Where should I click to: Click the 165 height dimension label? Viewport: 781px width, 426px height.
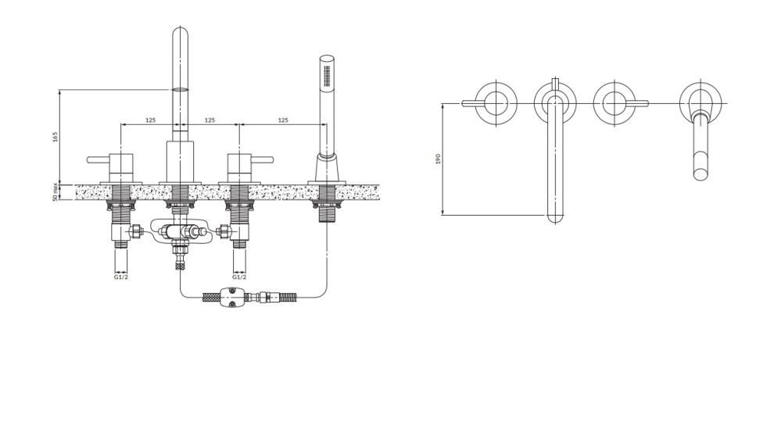click(x=56, y=137)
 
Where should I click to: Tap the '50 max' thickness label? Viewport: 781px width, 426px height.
click(x=56, y=192)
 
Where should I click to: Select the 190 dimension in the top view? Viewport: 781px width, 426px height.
click(x=439, y=159)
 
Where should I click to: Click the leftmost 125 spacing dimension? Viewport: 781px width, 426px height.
click(x=150, y=120)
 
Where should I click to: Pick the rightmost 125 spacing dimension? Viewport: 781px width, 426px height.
click(x=283, y=120)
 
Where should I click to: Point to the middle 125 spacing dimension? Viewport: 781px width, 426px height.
click(x=210, y=120)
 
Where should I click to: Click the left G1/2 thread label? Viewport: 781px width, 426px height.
click(x=121, y=277)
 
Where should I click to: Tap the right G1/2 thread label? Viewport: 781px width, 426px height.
click(x=239, y=277)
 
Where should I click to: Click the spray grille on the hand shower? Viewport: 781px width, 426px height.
click(x=327, y=75)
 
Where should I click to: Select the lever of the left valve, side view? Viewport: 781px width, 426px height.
click(x=99, y=159)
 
